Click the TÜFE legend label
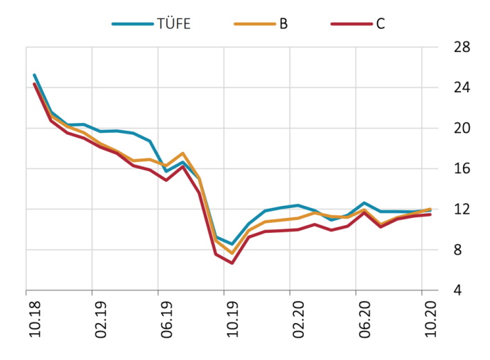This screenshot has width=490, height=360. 173,23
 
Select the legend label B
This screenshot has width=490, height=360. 283,23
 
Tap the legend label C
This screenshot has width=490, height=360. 380,23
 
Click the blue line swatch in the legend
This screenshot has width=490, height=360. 132,23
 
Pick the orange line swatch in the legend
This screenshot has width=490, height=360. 253,23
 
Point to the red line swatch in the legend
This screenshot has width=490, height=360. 351,23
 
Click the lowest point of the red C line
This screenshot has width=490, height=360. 232,263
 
